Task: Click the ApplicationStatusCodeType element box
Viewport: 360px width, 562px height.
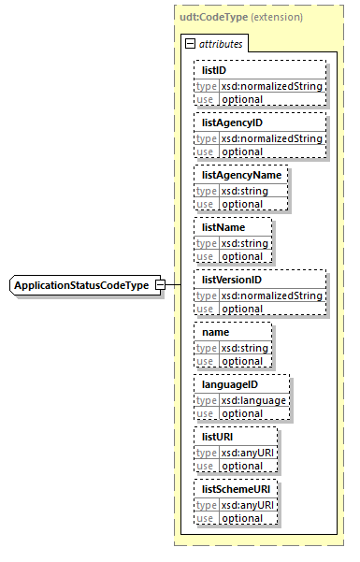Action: coord(81,285)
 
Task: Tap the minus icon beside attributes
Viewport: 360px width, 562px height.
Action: coord(191,43)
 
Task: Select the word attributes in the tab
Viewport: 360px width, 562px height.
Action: coord(221,43)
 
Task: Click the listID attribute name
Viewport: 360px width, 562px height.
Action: coord(214,70)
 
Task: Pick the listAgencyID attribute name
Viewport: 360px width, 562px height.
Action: coord(233,122)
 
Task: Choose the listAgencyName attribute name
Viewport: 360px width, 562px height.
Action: coord(239,175)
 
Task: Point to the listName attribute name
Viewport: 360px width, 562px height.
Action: coord(223,227)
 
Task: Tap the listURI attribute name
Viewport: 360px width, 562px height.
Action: coord(218,437)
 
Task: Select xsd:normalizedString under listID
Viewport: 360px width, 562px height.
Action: coord(271,86)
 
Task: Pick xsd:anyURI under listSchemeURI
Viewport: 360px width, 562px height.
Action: coord(248,505)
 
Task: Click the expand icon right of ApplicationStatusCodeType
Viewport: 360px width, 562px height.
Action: coord(160,284)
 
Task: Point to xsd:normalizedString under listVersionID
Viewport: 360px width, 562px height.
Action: coord(271,295)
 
